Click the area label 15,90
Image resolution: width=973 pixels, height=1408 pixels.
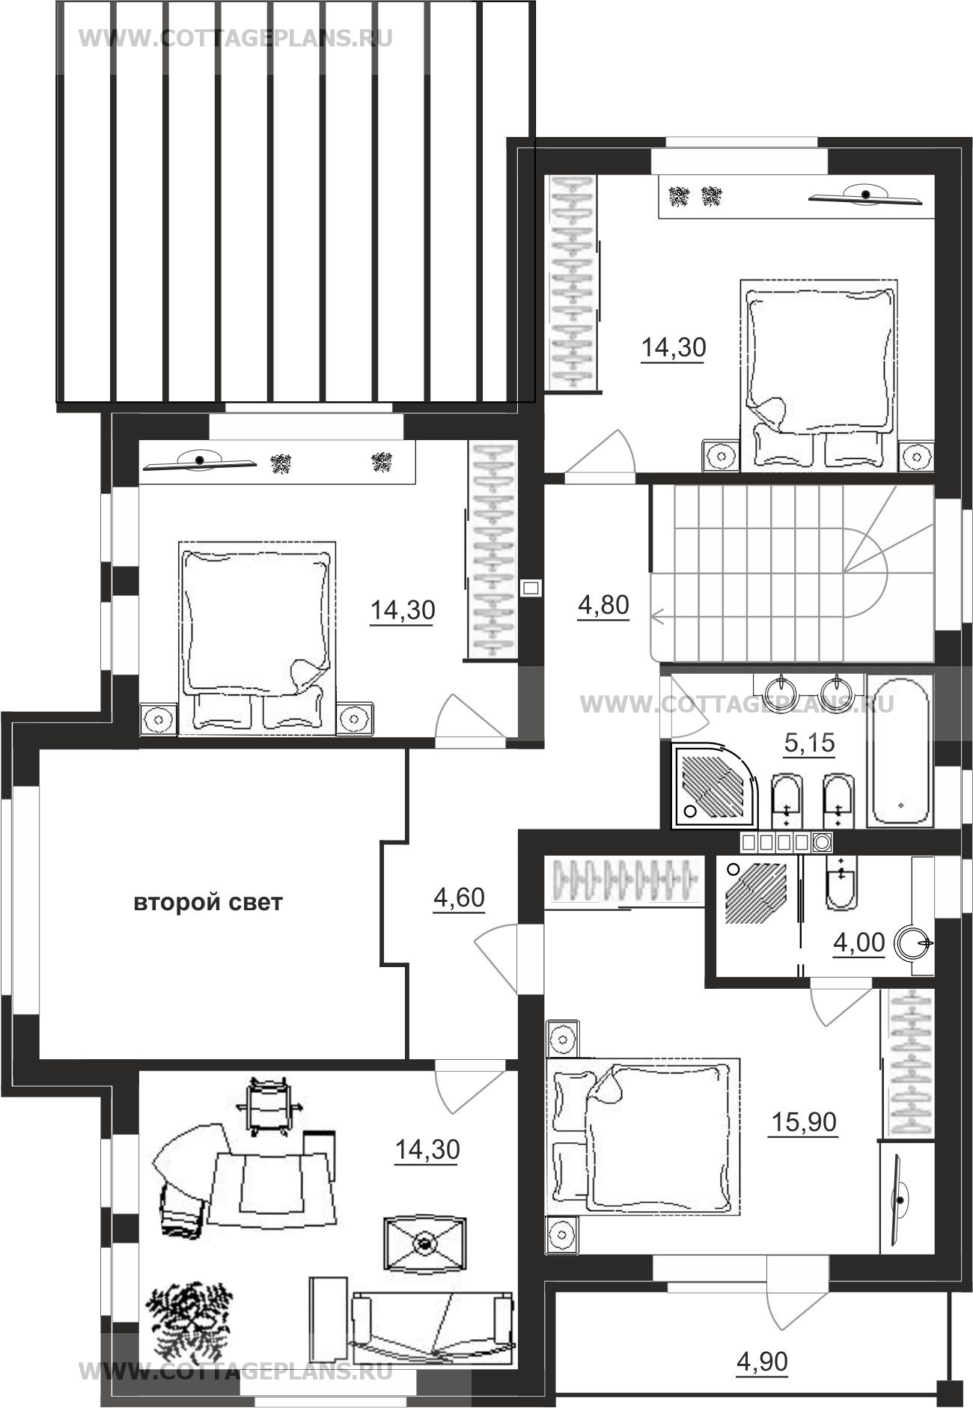tap(804, 1122)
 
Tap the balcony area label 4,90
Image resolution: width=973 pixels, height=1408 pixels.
tap(762, 1361)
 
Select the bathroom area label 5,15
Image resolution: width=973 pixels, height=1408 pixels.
tap(809, 743)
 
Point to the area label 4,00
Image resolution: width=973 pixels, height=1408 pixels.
tap(859, 942)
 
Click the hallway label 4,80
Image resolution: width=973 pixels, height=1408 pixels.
tap(603, 605)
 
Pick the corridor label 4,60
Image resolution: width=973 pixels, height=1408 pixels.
tap(459, 897)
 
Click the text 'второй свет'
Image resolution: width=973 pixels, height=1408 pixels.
tap(208, 903)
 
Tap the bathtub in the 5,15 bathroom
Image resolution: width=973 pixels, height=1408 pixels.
tap(900, 750)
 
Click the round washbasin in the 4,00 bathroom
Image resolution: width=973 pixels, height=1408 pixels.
tap(912, 943)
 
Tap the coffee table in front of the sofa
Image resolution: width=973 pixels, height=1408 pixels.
tap(424, 1243)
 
